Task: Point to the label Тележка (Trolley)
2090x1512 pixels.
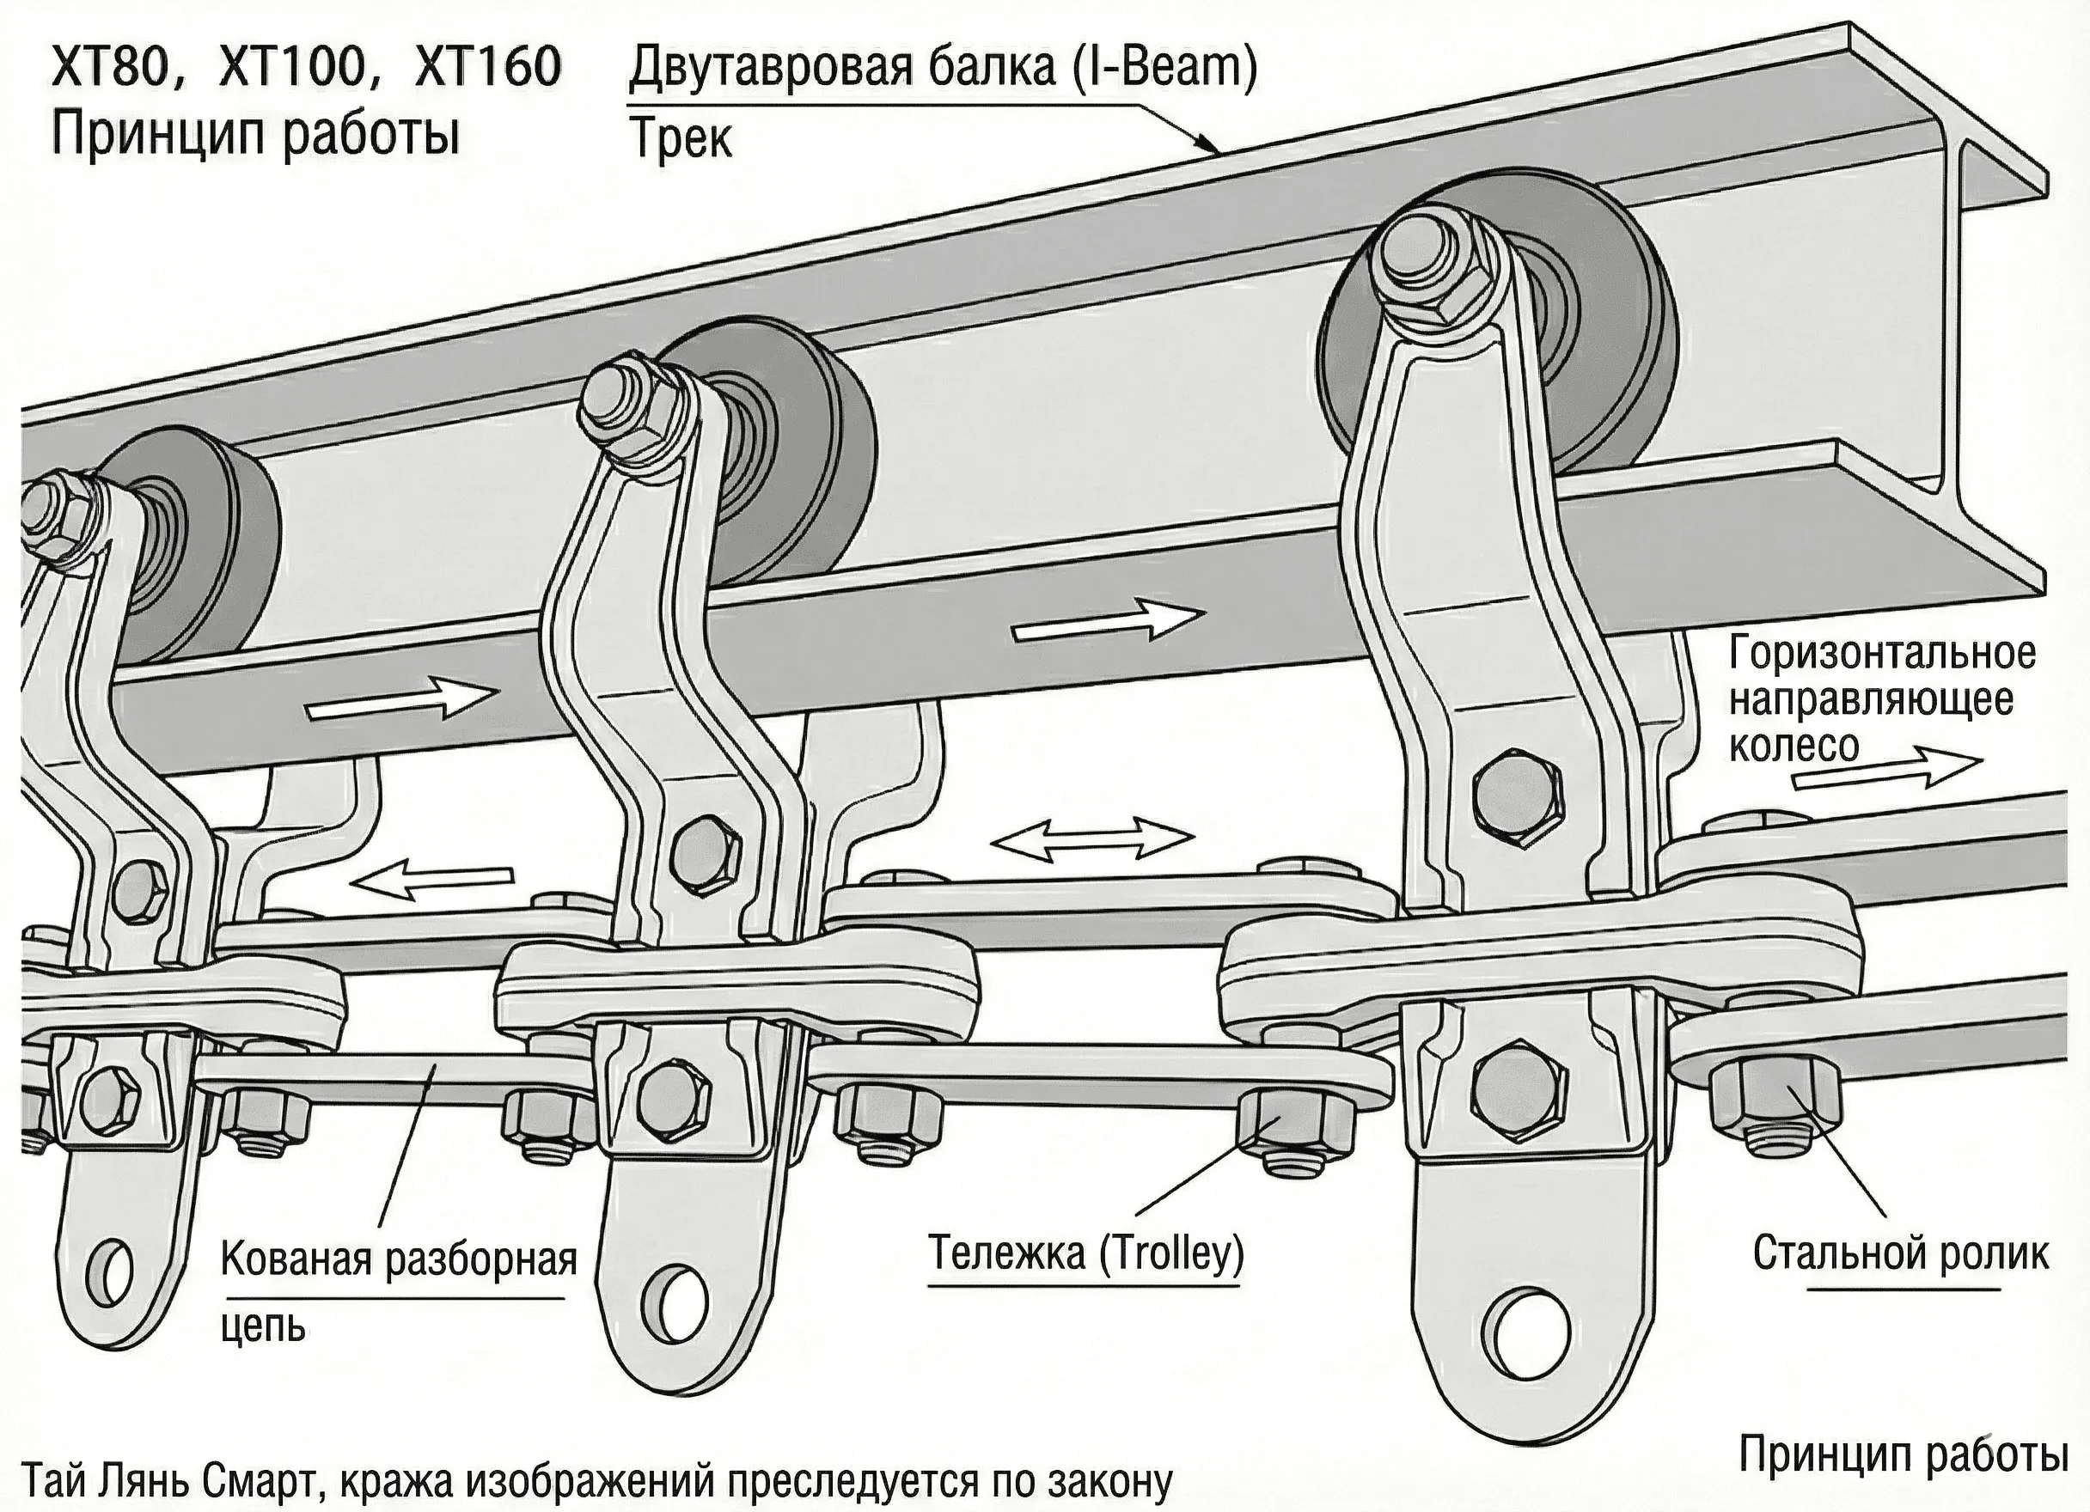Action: [x=1085, y=1253]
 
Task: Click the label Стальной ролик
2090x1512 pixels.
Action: [x=1900, y=1253]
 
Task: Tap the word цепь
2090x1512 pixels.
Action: [x=264, y=1326]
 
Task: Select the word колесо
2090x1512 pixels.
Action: [x=1794, y=746]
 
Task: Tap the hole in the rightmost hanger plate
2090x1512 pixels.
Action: [x=1531, y=1332]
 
